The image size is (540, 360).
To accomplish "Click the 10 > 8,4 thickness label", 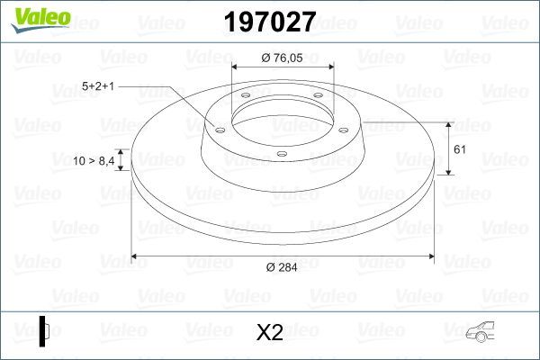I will click(x=93, y=160).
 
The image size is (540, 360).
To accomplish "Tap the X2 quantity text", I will click(x=269, y=334).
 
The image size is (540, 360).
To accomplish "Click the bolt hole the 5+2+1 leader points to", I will click(x=218, y=128).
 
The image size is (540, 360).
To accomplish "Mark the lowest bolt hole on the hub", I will click(x=281, y=154).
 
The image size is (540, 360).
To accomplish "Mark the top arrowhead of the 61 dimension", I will click(x=448, y=123).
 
